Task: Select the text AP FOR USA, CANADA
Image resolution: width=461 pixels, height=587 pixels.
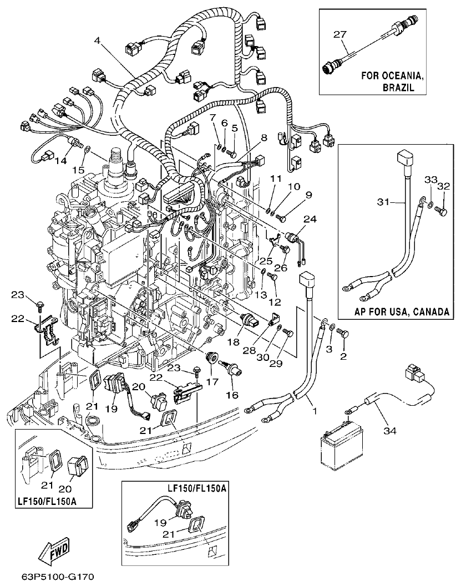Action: pos(402,312)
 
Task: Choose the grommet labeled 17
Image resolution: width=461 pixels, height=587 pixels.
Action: pos(211,358)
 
